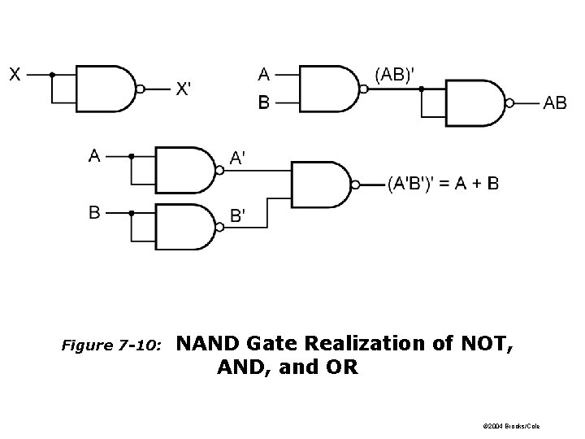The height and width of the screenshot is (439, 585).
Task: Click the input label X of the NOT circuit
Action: pos(15,74)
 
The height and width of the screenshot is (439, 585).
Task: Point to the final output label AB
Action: pos(555,102)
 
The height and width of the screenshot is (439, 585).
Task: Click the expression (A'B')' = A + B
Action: pos(443,184)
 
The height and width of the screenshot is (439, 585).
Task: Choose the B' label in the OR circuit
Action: pos(239,216)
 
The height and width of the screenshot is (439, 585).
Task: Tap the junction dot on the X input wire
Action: pos(52,74)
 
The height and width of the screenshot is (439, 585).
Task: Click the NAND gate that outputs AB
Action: pos(476,102)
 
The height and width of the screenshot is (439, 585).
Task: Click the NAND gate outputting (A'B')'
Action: pos(320,185)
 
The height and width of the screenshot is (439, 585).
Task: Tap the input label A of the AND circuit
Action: pos(264,74)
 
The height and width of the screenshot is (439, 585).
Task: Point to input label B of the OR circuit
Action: pos(95,213)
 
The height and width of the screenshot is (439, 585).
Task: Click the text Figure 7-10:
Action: pos(113,346)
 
